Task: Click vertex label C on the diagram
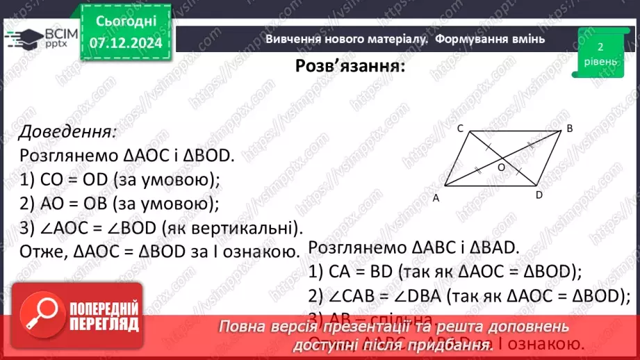(x=460, y=128)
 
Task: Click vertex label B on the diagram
(x=569, y=128)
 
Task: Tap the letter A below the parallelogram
(x=436, y=198)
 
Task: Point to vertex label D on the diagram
(x=539, y=195)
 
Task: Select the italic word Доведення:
(x=67, y=131)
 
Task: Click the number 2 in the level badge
(x=600, y=47)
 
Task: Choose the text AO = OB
(x=74, y=204)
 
